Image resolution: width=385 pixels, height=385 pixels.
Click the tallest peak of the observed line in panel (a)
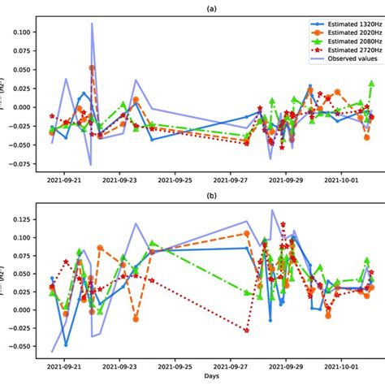[x=92, y=24]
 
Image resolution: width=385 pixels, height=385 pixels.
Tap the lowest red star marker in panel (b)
[x=246, y=330]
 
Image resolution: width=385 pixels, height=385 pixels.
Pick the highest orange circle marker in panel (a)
[x=92, y=68]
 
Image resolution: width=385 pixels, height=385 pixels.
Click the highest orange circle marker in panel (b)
[x=247, y=233]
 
